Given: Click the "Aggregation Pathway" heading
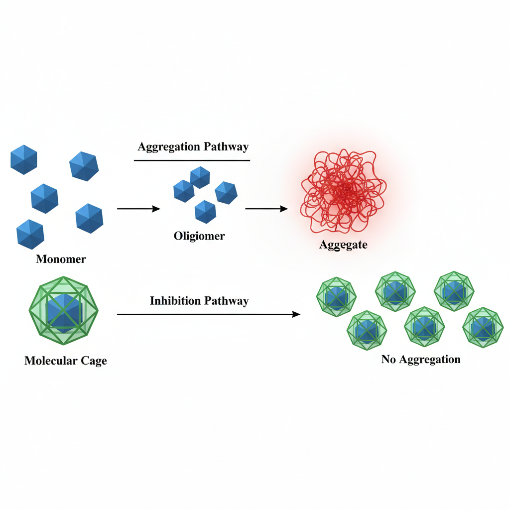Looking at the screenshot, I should pyautogui.click(x=193, y=147).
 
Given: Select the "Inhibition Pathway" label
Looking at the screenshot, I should pyautogui.click(x=199, y=301).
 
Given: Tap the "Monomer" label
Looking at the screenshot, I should pyautogui.click(x=61, y=259).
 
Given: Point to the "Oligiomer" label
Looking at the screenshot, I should pyautogui.click(x=199, y=236).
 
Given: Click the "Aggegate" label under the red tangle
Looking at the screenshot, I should pyautogui.click(x=343, y=245).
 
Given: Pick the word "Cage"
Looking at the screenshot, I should pyautogui.click(x=94, y=361).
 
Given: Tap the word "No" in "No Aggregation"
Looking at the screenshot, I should pyautogui.click(x=388, y=359).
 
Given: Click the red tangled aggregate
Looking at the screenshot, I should pyautogui.click(x=344, y=192).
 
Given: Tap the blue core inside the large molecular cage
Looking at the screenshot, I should pyautogui.click(x=63, y=313).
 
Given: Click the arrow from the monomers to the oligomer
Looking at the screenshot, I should pyautogui.click(x=138, y=209).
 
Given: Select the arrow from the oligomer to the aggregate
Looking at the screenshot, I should pyautogui.click(x=266, y=209).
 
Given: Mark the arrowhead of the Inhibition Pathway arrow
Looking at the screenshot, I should pyautogui.click(x=297, y=314).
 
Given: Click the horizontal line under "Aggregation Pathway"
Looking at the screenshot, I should pyautogui.click(x=192, y=160).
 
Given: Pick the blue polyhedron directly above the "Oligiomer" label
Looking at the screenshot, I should pyautogui.click(x=206, y=212).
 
